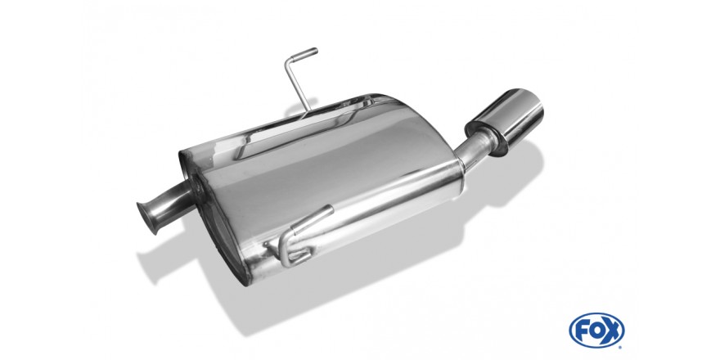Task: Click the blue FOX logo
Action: [596, 331]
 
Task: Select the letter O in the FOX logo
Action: [596, 331]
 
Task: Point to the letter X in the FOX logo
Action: [611, 331]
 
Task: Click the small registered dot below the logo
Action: [620, 347]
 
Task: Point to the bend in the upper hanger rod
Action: [288, 61]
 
